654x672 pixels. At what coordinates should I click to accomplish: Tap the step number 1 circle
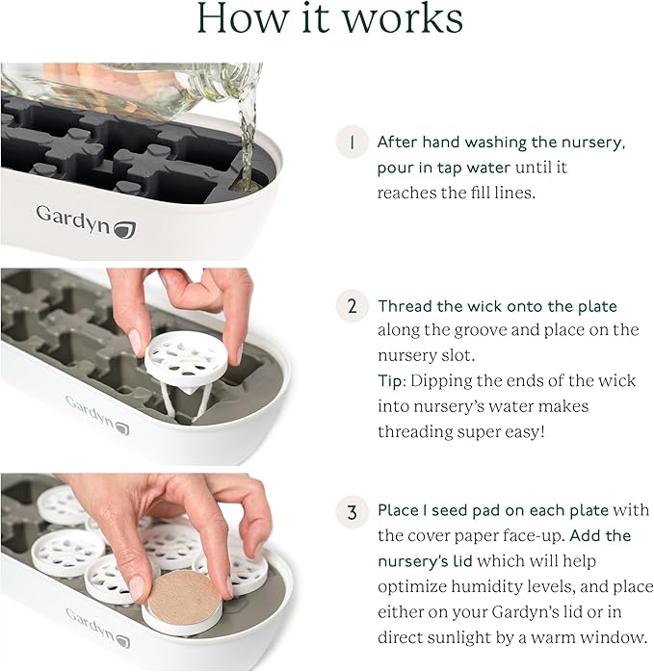point(353,142)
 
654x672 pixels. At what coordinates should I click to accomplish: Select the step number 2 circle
point(353,306)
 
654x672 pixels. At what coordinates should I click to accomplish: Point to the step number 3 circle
point(353,508)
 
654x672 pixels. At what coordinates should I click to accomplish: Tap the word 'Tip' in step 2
point(390,380)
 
